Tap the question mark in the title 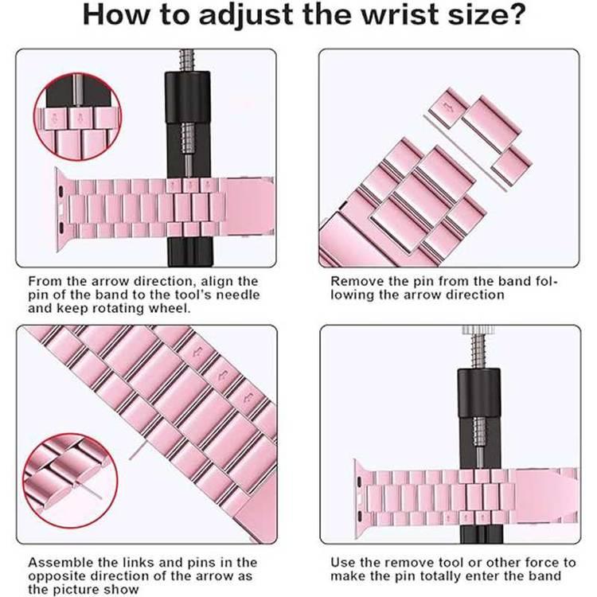(505, 17)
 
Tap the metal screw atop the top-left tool (188, 60)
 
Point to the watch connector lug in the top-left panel (62, 202)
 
